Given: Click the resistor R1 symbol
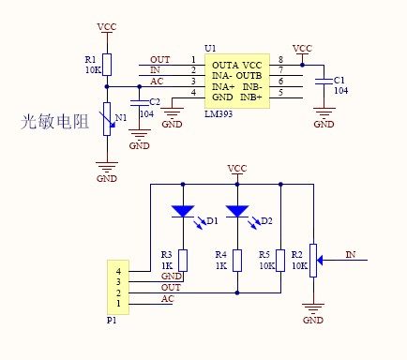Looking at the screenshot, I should pos(107,64).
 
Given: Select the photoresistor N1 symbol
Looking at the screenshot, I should pos(107,118).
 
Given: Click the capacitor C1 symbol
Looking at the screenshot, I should pos(324,82).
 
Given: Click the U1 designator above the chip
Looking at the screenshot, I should pos(209,48).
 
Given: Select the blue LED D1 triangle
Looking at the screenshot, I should pos(182,212).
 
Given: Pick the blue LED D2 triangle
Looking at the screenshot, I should pos(237,212).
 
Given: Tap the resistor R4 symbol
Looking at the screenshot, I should pos(237,260).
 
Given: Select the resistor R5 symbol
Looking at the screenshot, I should pos(281,260).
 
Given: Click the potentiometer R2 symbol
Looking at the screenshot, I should pos(313,255).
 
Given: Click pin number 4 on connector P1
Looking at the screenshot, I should pos(117,271).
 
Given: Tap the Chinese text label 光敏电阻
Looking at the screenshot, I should pos(59,123).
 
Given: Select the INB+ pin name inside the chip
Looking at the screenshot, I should pos(250,97).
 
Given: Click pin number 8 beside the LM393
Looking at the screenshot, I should pos(279,60).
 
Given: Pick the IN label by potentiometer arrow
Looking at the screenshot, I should pos(350,254).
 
